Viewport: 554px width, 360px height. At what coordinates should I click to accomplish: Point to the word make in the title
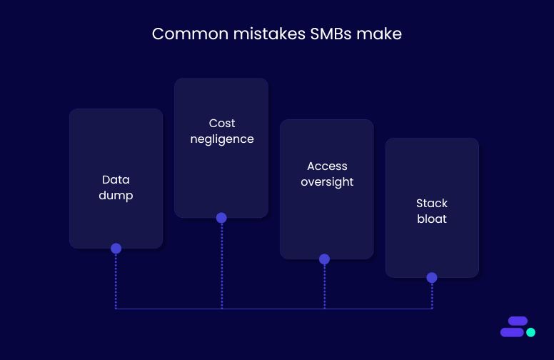click(383, 34)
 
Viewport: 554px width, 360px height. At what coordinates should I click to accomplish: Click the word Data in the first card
click(116, 180)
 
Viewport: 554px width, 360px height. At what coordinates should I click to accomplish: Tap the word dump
click(116, 195)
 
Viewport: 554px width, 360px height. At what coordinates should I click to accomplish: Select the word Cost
click(222, 124)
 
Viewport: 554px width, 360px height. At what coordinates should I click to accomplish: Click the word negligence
click(222, 139)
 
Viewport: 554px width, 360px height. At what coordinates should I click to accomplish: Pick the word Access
click(327, 166)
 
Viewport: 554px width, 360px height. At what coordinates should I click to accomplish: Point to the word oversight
click(327, 182)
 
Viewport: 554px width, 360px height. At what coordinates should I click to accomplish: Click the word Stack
click(432, 204)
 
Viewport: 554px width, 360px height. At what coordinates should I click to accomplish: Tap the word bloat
click(432, 219)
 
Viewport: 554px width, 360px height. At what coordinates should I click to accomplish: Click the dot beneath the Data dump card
click(116, 249)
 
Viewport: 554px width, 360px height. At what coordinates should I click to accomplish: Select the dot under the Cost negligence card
click(221, 218)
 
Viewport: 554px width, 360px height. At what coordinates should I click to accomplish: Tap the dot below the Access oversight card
click(324, 259)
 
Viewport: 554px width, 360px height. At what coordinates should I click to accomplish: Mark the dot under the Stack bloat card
click(432, 278)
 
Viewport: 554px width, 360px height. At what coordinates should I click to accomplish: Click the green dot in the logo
click(530, 332)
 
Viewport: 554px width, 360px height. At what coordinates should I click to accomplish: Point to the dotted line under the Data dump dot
click(116, 282)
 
